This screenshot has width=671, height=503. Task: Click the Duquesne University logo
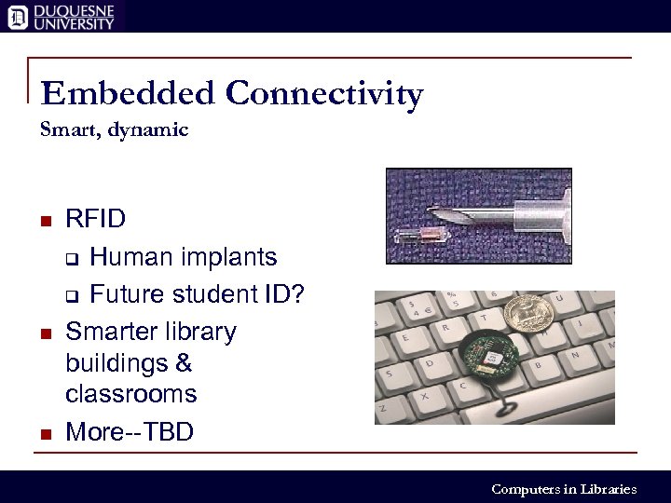[62, 16]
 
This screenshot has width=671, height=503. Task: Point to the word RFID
[95, 220]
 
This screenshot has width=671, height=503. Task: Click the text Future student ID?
[197, 294]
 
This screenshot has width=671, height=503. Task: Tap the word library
[198, 332]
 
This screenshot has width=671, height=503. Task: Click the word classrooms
[130, 394]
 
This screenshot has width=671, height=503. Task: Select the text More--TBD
[130, 432]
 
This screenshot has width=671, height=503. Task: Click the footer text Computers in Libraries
[563, 489]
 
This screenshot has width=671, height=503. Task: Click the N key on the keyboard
[575, 355]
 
